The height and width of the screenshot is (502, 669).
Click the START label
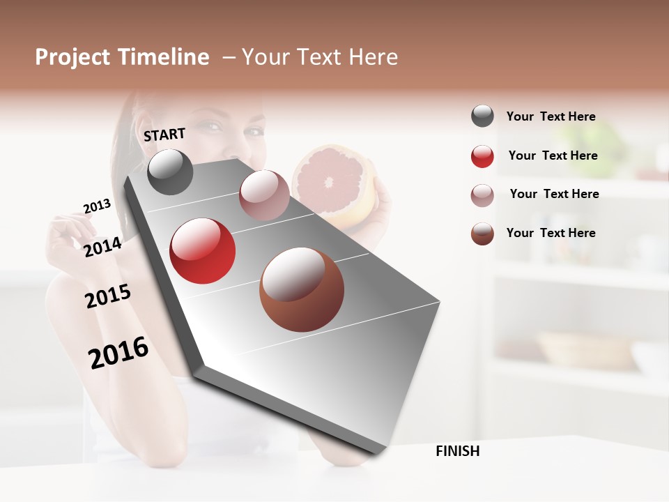(x=164, y=135)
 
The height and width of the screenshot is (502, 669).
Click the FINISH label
(x=457, y=451)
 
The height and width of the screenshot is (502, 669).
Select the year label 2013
(x=97, y=206)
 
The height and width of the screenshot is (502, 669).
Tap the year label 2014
(x=102, y=247)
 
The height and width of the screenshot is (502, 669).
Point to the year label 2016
(x=118, y=353)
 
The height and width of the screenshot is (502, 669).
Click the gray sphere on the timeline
(x=171, y=172)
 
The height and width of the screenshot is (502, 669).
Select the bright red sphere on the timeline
(x=202, y=251)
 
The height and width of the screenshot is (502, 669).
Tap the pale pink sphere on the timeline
(x=264, y=195)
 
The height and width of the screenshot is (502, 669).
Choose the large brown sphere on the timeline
(x=302, y=289)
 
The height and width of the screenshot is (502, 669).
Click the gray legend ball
(x=482, y=116)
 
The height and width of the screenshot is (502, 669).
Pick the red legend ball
(x=482, y=155)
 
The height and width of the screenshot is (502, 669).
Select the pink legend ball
(x=482, y=195)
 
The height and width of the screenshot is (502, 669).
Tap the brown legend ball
(x=482, y=233)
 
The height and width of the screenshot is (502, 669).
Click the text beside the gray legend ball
(x=551, y=116)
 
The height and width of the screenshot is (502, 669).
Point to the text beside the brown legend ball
(x=551, y=233)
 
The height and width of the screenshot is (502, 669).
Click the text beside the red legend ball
(x=553, y=155)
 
